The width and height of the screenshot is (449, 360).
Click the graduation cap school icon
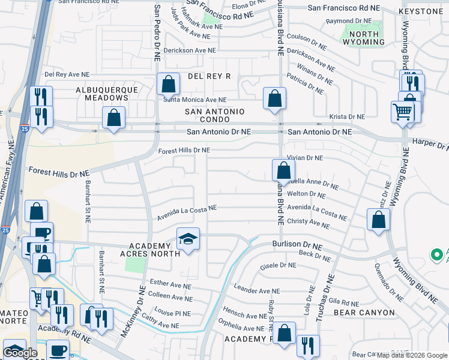click(x=188, y=239)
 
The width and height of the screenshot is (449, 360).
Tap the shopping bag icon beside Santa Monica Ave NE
click(x=168, y=84)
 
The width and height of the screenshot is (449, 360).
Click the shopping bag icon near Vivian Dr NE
click(x=282, y=170)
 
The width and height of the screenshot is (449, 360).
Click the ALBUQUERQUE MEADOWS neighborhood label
click(x=107, y=94)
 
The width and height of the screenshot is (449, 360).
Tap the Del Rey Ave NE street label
click(x=67, y=75)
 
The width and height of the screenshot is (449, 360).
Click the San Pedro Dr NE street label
click(x=157, y=33)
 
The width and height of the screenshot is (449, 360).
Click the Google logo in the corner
click(x=20, y=353)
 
